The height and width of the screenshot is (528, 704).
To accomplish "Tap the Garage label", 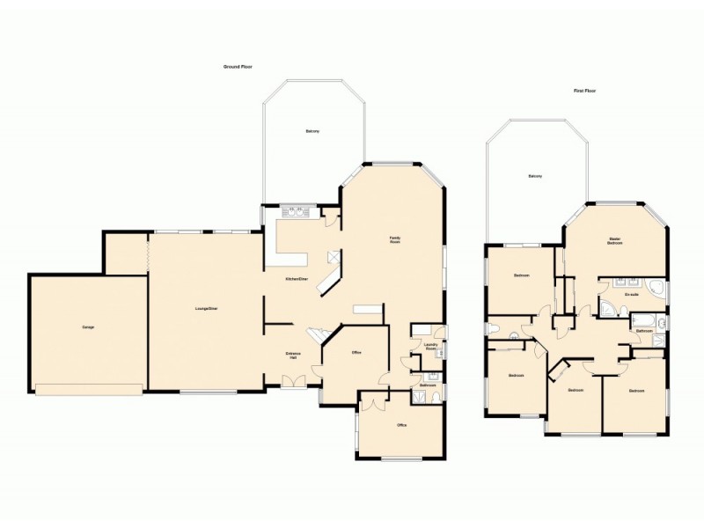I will point(88,327).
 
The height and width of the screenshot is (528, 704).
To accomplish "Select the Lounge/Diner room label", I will point(207,308).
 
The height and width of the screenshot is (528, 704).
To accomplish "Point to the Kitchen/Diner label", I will point(296,279).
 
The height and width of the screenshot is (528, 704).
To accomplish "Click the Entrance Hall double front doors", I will point(292,380).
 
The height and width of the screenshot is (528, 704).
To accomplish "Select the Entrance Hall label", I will point(293,355).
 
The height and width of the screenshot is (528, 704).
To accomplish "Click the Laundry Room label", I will point(430,347).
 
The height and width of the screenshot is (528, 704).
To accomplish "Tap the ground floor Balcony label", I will point(312,131).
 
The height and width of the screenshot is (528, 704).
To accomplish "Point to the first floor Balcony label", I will point(534,177).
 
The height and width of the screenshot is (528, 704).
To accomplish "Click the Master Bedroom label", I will point(615,240).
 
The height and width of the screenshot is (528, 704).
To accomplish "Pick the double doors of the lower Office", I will point(372,401).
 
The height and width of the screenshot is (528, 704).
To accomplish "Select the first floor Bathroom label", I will point(643,331).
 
